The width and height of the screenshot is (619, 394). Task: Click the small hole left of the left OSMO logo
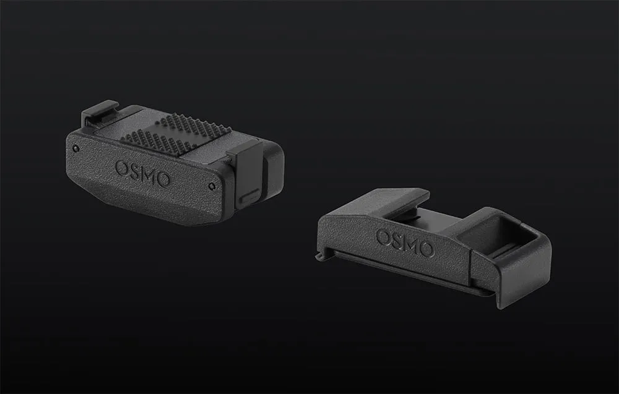pyautogui.click(x=76, y=148)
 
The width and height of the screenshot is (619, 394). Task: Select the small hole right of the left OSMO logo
pyautogui.click(x=212, y=186)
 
